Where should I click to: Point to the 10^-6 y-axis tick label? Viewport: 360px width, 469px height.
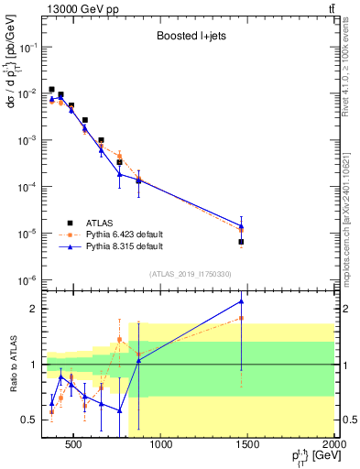click(27, 280)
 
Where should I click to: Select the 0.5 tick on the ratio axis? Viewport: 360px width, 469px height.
click(31, 420)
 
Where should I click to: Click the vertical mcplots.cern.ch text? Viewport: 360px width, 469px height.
click(352, 211)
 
